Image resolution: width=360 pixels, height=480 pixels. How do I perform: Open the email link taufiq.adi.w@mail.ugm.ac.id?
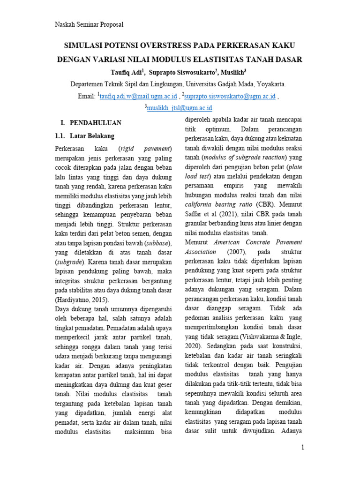[138, 96]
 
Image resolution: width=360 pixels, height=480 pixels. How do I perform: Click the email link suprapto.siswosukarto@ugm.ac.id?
[230, 96]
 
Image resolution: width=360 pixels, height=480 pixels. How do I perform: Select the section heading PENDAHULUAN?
[96, 123]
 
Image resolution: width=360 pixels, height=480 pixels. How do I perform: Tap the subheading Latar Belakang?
[91, 136]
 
